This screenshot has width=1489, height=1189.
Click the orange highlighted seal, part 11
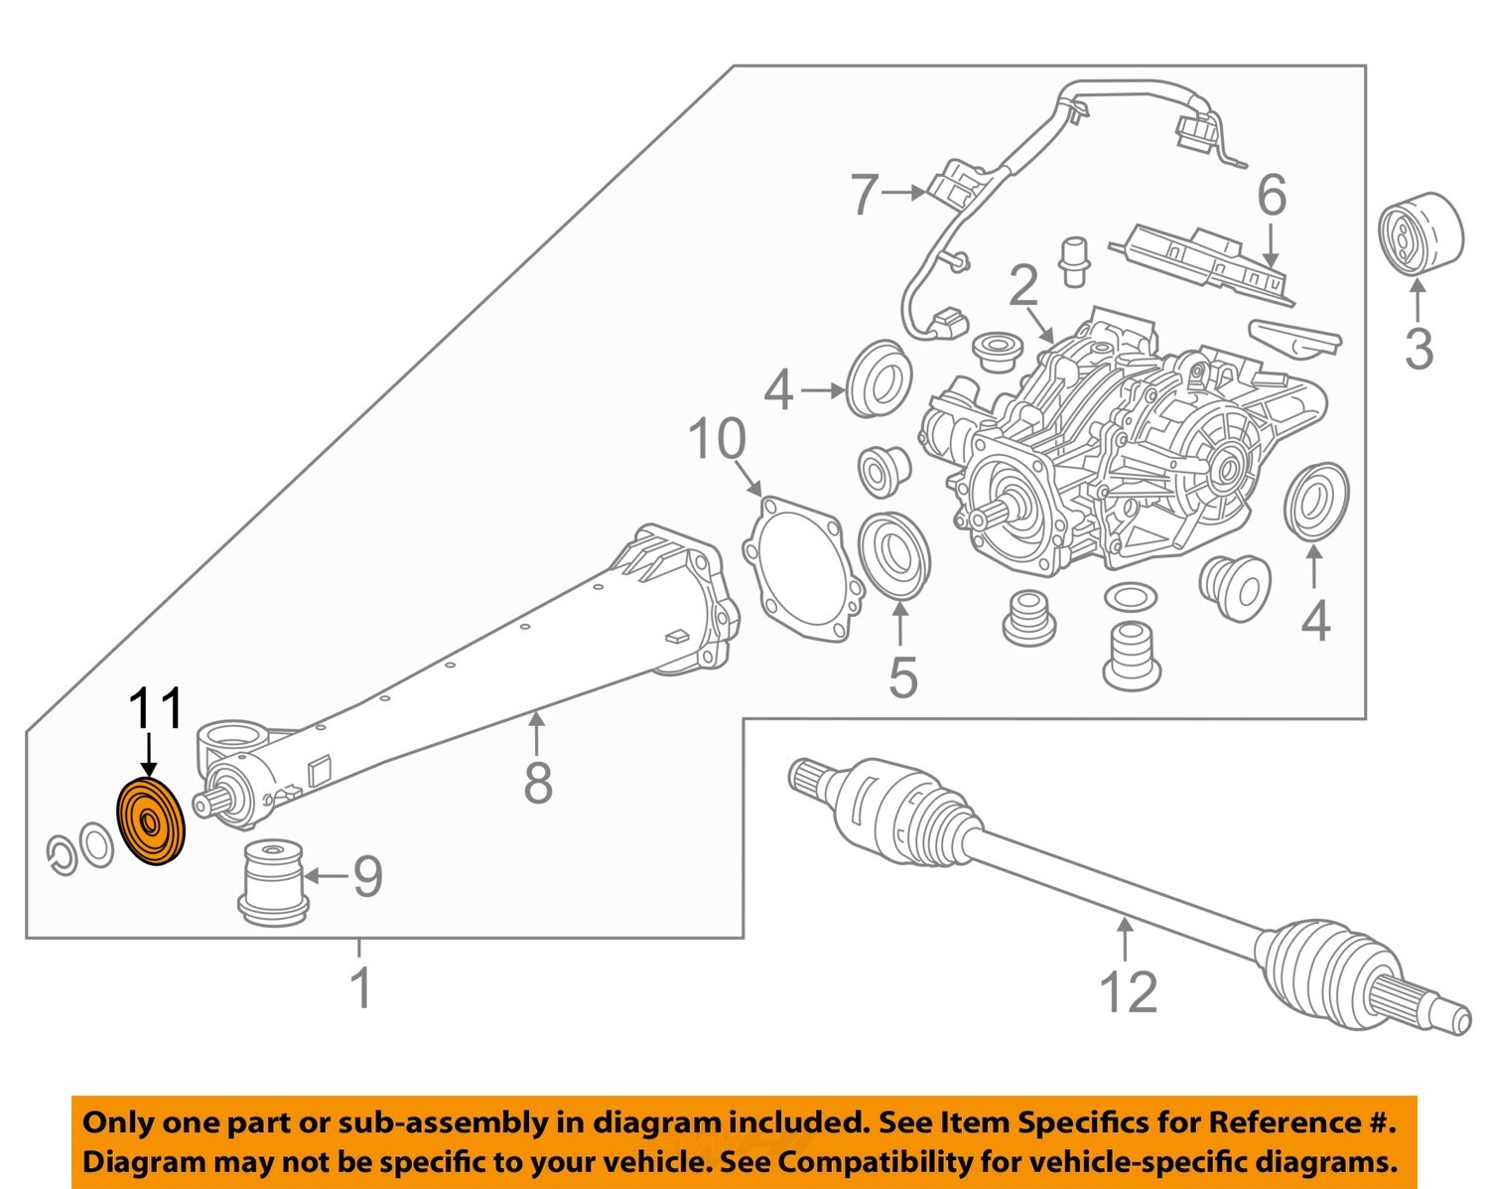click(x=152, y=822)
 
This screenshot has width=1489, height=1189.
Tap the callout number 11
click(x=157, y=709)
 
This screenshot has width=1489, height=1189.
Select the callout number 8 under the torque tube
click(x=537, y=783)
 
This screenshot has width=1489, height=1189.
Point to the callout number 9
click(x=367, y=876)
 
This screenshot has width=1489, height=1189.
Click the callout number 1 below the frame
click(x=361, y=987)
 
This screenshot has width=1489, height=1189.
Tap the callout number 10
click(x=717, y=439)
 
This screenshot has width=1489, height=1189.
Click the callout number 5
click(x=901, y=677)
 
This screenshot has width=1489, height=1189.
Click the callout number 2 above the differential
click(x=1022, y=287)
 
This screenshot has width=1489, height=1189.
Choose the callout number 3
click(x=1419, y=350)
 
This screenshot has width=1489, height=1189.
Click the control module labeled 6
click(x=1205, y=262)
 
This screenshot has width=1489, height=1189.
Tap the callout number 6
click(x=1272, y=196)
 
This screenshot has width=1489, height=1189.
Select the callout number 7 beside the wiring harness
click(x=864, y=195)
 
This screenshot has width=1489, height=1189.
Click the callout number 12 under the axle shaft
click(x=1128, y=992)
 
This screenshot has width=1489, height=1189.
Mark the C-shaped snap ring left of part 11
click(x=62, y=855)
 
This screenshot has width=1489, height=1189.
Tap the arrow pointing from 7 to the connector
click(x=904, y=194)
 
